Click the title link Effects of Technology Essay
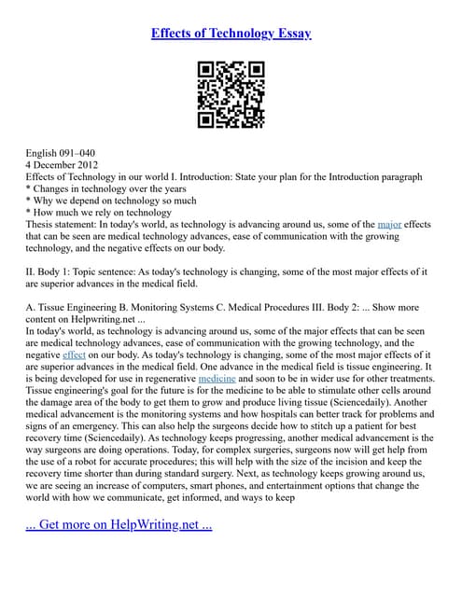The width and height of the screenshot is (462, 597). (231, 34)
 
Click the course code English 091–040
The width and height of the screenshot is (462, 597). (61, 152)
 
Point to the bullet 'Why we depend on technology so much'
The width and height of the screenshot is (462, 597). (111, 201)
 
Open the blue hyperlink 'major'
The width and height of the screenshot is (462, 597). (390, 225)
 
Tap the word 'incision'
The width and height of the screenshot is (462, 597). (371, 461)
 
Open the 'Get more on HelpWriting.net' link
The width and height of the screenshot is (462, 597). (119, 524)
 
